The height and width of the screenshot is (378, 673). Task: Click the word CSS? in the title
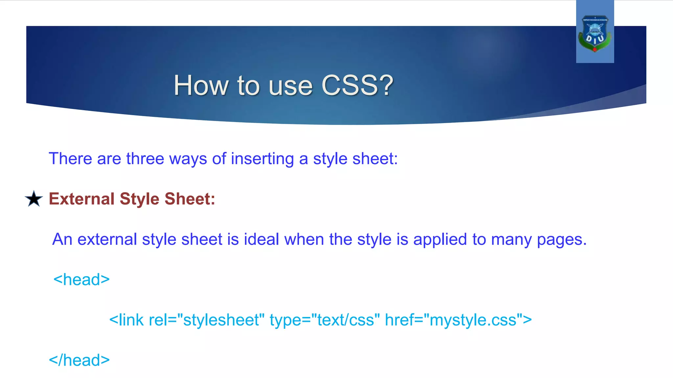[357, 85]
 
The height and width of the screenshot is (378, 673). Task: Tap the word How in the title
[201, 85]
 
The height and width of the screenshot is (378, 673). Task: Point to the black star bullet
[34, 199]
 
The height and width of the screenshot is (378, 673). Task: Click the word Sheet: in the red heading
[190, 199]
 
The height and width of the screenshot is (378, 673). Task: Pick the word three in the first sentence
[145, 159]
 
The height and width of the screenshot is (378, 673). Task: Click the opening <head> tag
[81, 280]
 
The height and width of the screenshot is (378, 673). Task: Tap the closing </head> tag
[79, 360]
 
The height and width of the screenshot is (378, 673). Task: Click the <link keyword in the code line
[127, 320]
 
